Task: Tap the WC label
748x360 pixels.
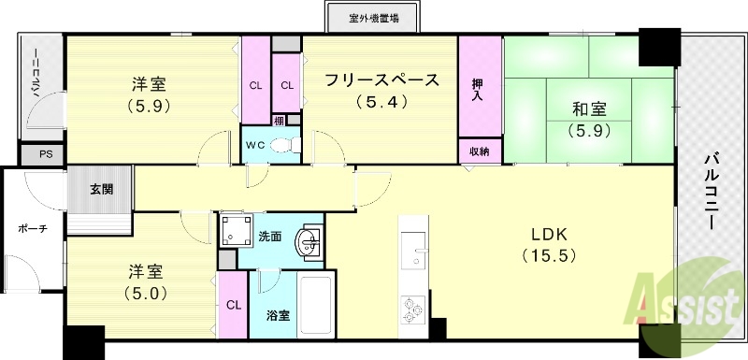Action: (x=255, y=145)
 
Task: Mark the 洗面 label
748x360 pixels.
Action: (x=269, y=237)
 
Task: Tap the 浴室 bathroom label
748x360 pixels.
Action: (x=278, y=315)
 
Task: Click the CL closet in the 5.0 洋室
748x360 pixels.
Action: (x=233, y=305)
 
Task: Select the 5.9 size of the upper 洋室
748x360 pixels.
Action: (x=148, y=106)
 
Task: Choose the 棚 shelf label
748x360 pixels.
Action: (x=280, y=119)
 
